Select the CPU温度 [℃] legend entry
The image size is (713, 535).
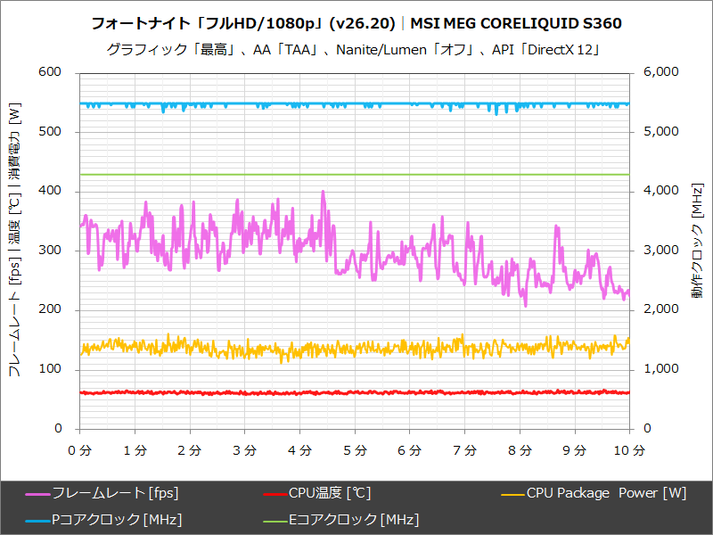(x=329, y=493)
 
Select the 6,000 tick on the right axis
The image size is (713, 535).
(x=661, y=72)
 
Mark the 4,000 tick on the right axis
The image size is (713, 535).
(x=661, y=191)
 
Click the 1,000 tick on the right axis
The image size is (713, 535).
(x=661, y=369)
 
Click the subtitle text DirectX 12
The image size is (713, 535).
(x=561, y=49)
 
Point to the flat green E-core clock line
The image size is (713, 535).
(x=356, y=175)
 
